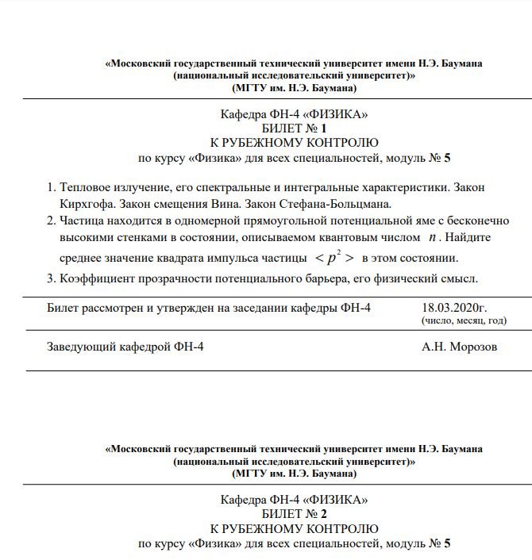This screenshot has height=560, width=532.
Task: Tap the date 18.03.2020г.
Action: click(454, 307)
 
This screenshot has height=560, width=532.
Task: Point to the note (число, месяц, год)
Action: click(465, 321)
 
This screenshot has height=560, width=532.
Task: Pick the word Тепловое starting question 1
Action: click(84, 187)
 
